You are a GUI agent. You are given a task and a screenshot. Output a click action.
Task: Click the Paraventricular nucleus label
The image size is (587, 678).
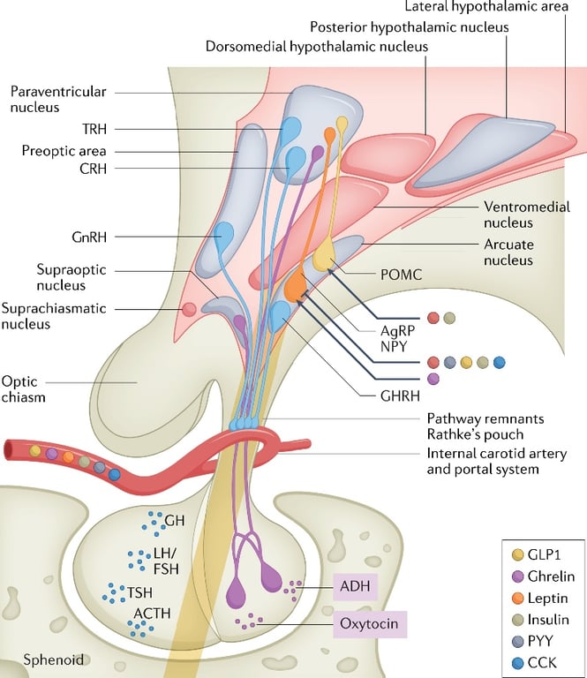pos(46,99)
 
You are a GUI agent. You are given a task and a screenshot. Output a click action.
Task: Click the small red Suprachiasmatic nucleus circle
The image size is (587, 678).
pos(188,309)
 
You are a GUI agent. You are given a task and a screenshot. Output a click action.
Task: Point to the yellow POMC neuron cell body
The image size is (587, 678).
pos(324,253)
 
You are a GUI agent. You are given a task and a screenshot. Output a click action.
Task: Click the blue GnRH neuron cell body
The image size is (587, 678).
pos(225,237)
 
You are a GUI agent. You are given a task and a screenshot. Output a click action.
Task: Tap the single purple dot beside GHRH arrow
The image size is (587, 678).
pos(433,379)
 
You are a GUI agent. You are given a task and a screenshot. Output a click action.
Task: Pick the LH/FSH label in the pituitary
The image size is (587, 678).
pos(166,560)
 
